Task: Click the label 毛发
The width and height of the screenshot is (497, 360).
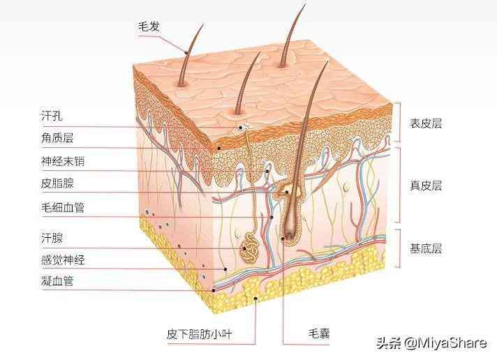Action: click(149, 27)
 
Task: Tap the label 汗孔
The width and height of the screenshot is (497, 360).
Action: click(52, 116)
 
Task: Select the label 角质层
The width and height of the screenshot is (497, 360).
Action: click(57, 138)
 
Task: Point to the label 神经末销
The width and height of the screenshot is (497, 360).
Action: click(63, 162)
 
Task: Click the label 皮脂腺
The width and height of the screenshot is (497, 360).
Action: click(57, 183)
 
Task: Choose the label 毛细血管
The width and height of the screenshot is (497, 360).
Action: click(63, 208)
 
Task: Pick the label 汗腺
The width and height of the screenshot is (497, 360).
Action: click(52, 238)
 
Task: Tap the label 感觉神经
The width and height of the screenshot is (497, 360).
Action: click(63, 260)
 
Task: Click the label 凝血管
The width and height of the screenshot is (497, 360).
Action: click(57, 280)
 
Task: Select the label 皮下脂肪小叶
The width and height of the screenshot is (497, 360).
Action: click(200, 334)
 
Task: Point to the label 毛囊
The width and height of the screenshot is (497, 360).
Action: click(319, 333)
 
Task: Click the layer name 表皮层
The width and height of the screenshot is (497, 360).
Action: click(426, 123)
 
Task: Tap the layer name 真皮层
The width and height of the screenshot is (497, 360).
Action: click(426, 186)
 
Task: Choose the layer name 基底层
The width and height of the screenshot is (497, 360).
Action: click(426, 248)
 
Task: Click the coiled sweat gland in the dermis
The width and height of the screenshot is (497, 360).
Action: click(250, 248)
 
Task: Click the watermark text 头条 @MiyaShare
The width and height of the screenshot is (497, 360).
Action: click(431, 343)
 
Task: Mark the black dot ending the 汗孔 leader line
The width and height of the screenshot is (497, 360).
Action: click(241, 128)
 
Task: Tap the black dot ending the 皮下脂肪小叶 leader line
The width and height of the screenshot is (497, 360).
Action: click(255, 298)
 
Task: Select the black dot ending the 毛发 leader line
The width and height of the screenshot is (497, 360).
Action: click(186, 52)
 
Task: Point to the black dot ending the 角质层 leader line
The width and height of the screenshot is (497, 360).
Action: click(218, 148)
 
